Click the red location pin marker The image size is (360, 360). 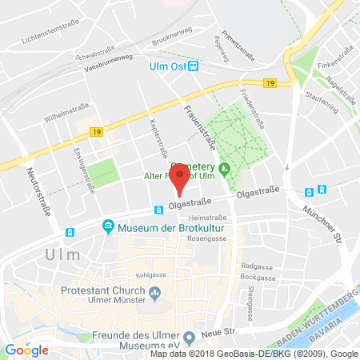coord(182,177)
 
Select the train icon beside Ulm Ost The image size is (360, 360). coord(192,66)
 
